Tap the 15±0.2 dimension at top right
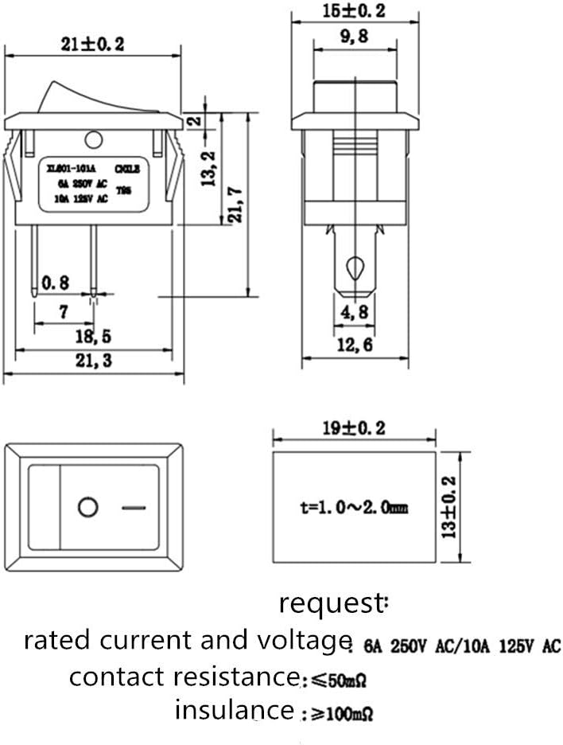pyautogui.click(x=353, y=12)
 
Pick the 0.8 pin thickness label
pyautogui.click(x=55, y=282)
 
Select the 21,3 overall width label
pyautogui.click(x=93, y=361)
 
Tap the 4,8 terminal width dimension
pyautogui.click(x=354, y=312)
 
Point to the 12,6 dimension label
pyautogui.click(x=354, y=345)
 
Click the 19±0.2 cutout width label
pyautogui.click(x=353, y=428)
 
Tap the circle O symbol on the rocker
pyautogui.click(x=87, y=507)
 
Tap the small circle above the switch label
pyautogui.click(x=93, y=142)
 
